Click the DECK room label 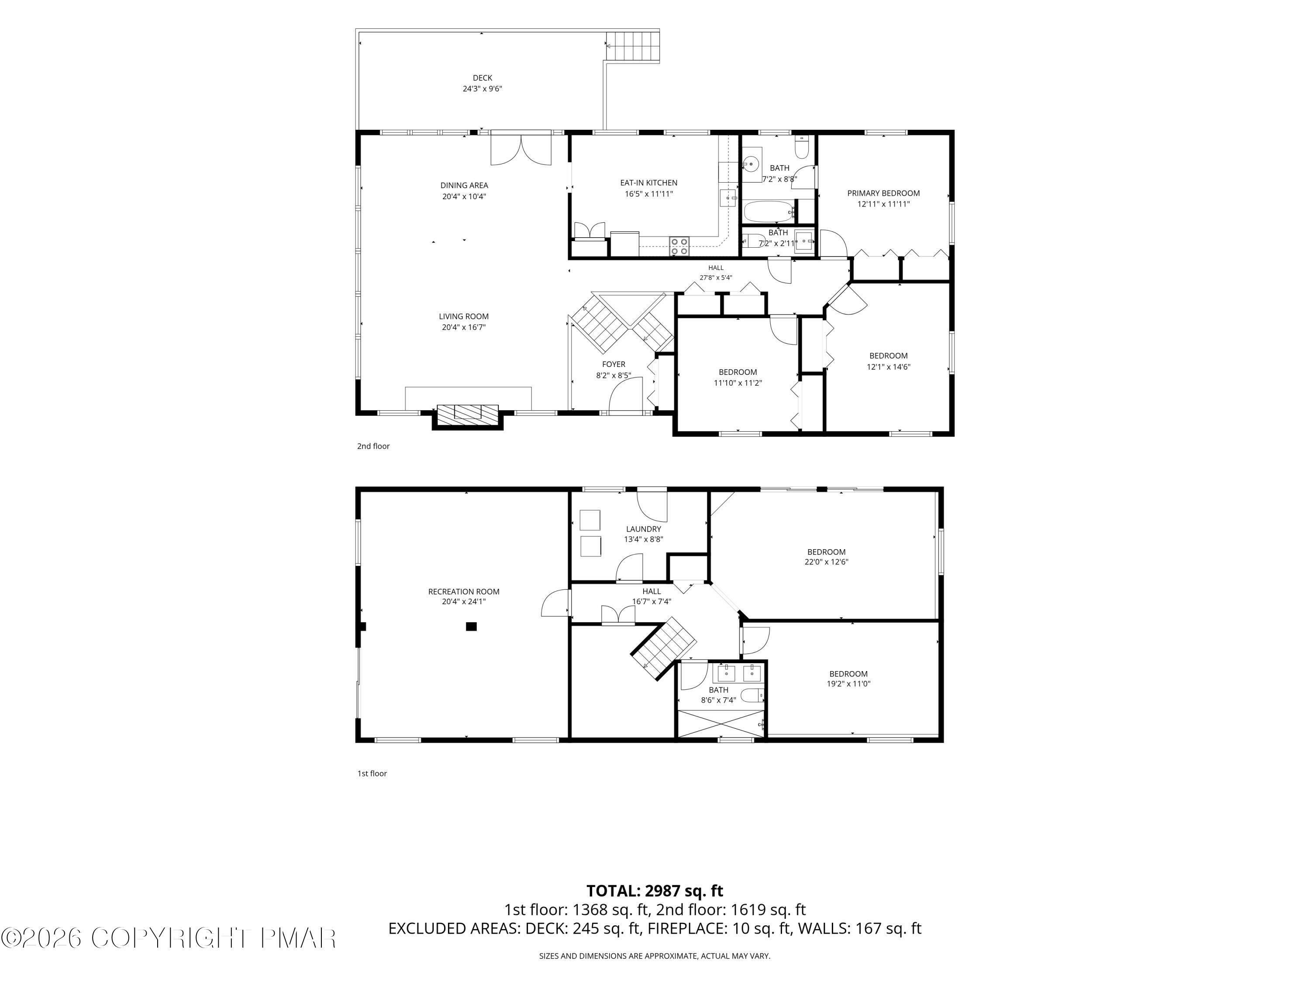pos(482,78)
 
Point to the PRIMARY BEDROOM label pos(883,193)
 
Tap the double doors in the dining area pos(521,150)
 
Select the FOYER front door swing pos(627,394)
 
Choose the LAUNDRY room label pos(643,529)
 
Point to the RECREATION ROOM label pos(464,592)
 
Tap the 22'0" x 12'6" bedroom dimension pos(826,562)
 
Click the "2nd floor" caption pos(373,446)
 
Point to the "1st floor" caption pos(372,773)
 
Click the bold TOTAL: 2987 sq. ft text pos(655,890)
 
